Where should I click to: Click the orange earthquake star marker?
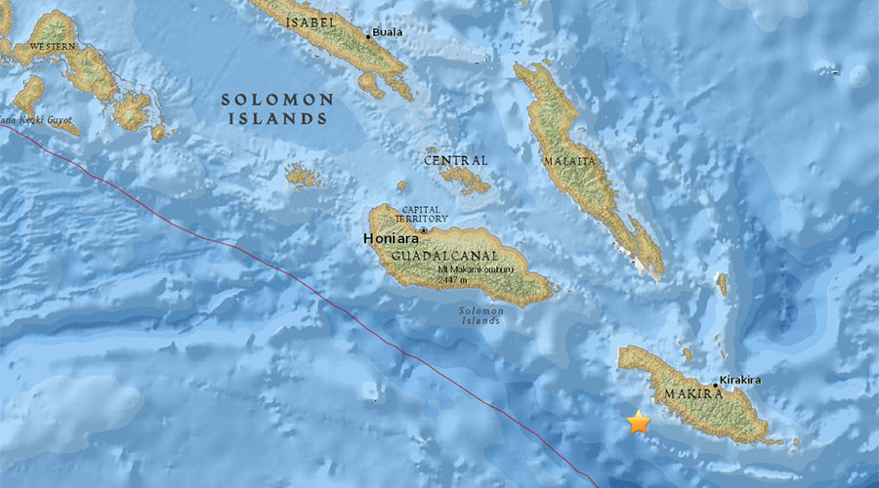638,422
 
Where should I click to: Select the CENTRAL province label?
455,160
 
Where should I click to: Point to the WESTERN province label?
54,46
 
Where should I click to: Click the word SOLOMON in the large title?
277,100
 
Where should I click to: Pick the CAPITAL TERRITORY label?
423,215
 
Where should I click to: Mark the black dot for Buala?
368,36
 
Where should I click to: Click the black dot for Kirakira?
716,386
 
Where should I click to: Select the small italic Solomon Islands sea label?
481,316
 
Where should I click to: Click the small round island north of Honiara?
400,184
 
